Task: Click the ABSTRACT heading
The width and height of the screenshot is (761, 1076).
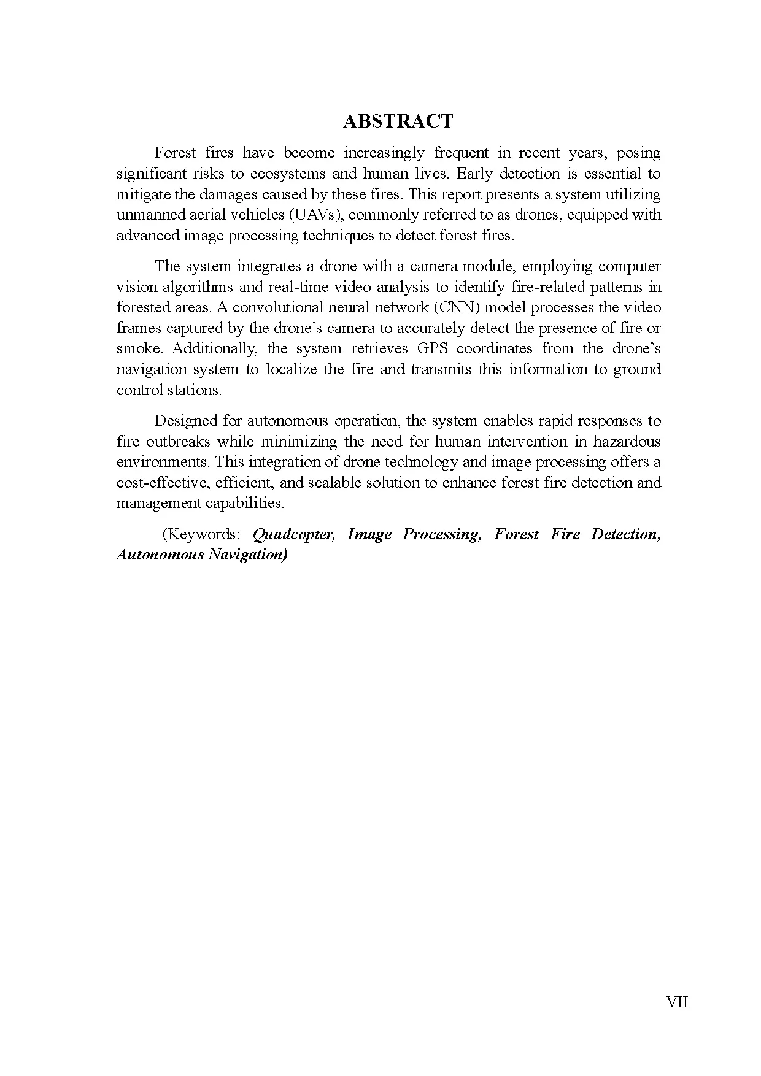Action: [x=398, y=121]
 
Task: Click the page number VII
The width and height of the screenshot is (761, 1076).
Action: [x=677, y=1002]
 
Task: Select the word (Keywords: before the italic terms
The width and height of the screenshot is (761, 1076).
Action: [x=201, y=534]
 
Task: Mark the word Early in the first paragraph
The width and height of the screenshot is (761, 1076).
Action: [x=474, y=174]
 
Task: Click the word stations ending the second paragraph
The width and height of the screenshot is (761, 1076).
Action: [x=194, y=390]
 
